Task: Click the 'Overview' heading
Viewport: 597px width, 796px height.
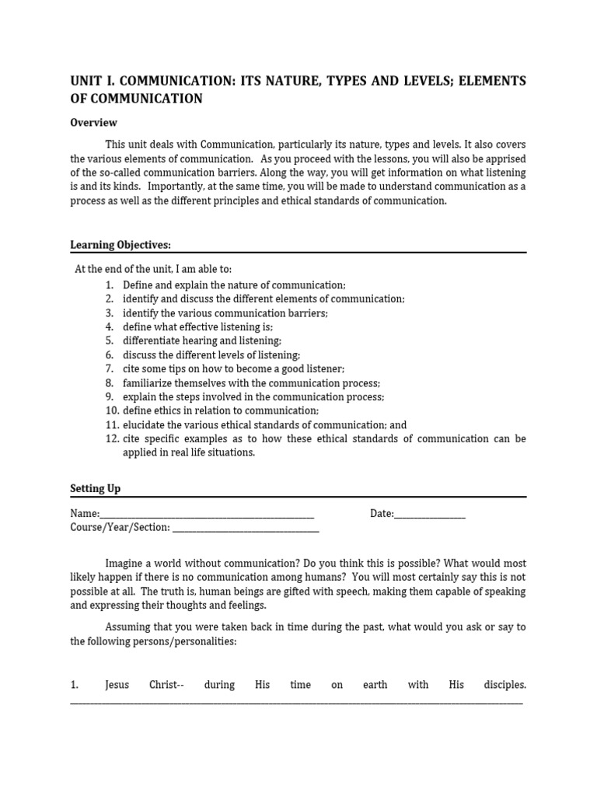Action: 93,122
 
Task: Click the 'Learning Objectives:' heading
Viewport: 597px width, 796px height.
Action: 120,245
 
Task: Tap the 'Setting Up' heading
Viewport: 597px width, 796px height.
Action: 96,488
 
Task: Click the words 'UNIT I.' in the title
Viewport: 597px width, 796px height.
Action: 93,81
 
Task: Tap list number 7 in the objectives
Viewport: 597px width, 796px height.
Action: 110,368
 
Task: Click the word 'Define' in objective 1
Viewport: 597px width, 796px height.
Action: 138,285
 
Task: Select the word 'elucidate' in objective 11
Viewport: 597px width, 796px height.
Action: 143,425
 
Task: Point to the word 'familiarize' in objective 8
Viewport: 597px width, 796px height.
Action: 147,383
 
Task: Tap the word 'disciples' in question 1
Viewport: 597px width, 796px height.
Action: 504,685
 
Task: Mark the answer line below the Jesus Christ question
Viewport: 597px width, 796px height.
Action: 295,702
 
